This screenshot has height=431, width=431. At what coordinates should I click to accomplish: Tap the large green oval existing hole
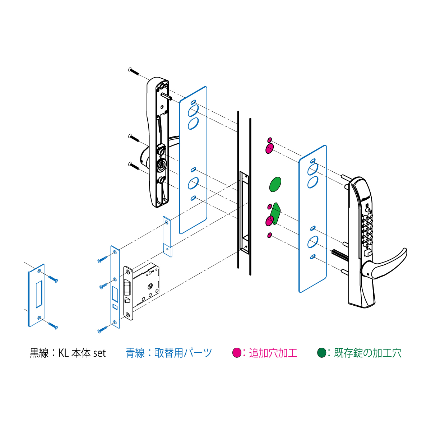click(x=275, y=184)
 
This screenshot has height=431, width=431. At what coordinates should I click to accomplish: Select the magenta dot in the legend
click(x=237, y=353)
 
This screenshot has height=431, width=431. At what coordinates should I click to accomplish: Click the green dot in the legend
click(x=321, y=353)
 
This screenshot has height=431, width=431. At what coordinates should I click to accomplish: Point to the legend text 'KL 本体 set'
click(x=82, y=353)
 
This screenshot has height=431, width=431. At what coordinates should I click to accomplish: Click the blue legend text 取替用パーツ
click(x=183, y=353)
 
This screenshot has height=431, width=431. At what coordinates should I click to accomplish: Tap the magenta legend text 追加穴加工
click(x=273, y=353)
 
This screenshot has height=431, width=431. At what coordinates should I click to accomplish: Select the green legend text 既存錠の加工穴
click(x=367, y=353)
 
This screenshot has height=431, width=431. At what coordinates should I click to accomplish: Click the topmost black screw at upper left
click(x=134, y=71)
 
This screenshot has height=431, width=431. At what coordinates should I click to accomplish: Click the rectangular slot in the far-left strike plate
click(x=39, y=294)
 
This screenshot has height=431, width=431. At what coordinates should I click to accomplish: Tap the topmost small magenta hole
click(x=269, y=140)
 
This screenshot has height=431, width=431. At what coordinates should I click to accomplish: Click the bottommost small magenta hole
click(x=269, y=235)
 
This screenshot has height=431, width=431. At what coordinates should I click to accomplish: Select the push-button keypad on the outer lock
click(x=367, y=230)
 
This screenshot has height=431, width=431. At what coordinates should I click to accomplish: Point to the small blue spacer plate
click(x=167, y=237)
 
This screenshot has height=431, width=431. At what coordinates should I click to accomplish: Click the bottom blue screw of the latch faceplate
click(x=102, y=330)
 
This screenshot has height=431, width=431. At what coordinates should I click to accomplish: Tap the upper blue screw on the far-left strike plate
click(x=53, y=279)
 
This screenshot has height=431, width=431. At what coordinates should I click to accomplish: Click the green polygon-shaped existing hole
click(x=275, y=214)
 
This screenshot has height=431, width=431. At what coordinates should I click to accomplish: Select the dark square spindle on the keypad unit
click(x=340, y=255)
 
